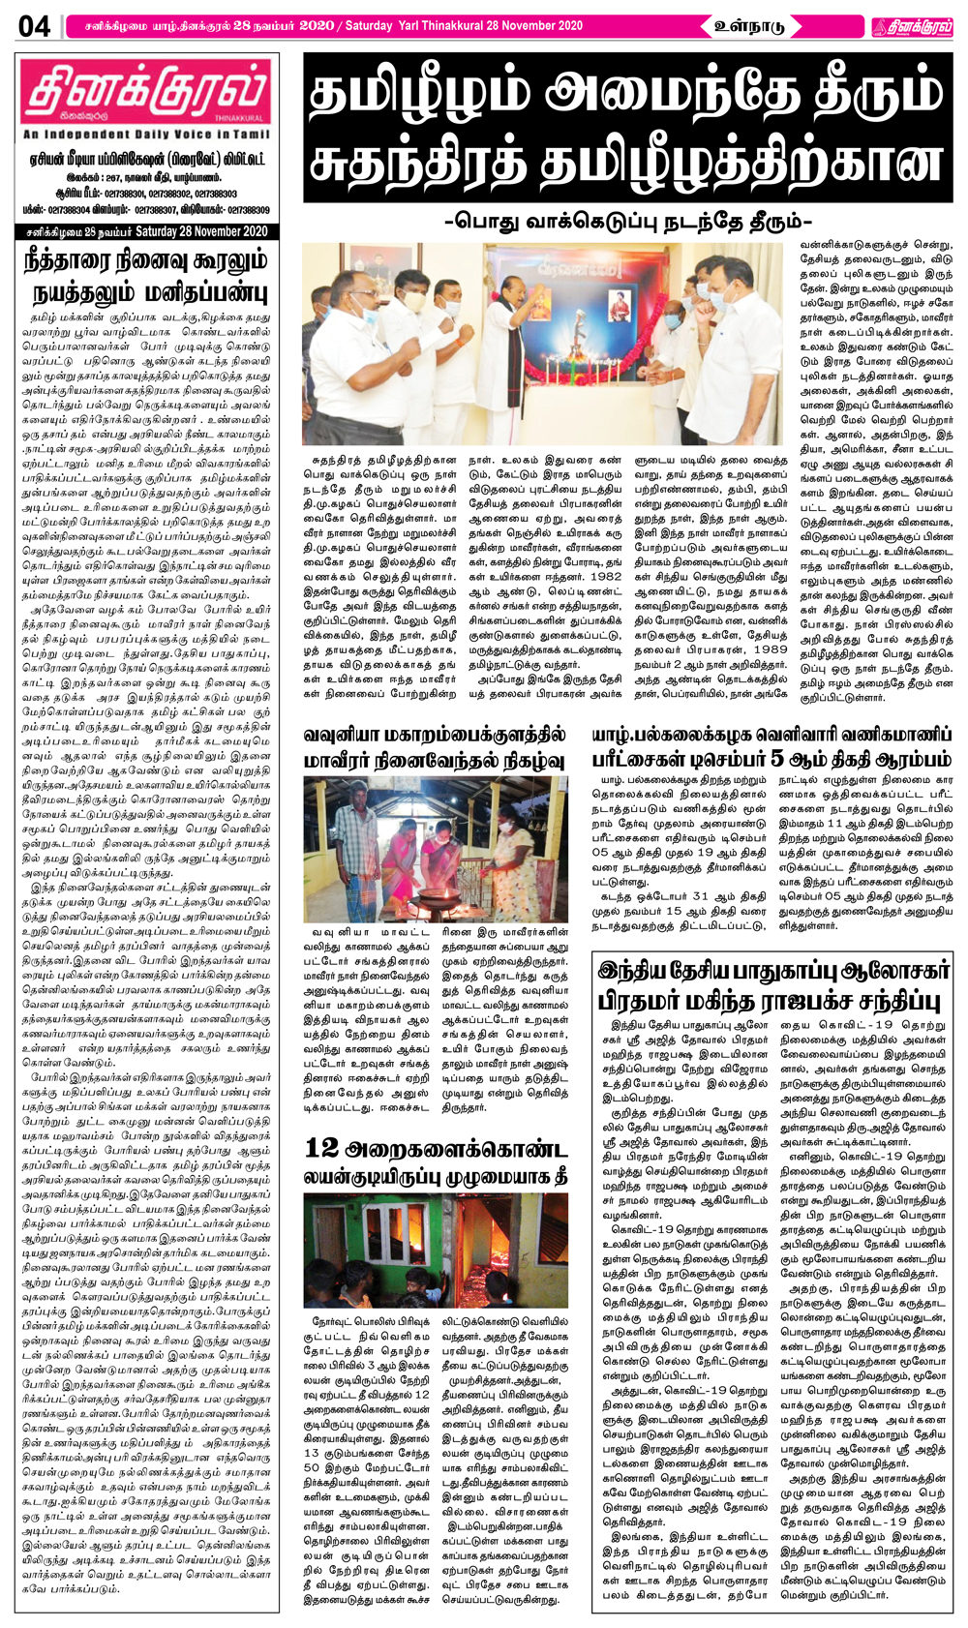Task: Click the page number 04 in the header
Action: point(34,25)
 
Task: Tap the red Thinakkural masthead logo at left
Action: point(146,95)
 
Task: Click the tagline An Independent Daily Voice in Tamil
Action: point(146,135)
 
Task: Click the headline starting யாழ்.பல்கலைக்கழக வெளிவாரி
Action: point(771,736)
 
